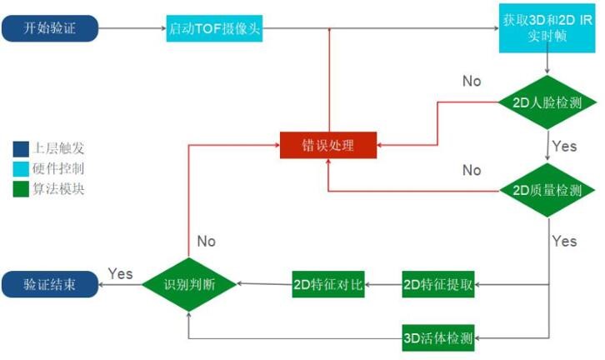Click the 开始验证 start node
coord(50,28)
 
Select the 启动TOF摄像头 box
coord(214,28)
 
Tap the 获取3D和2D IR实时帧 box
coord(547,28)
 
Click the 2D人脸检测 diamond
coord(547,102)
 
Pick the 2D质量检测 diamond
coord(547,190)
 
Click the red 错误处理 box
coord(328,145)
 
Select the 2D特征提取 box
coord(438,284)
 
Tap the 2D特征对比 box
coord(328,284)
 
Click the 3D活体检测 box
coord(438,338)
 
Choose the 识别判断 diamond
coord(189,284)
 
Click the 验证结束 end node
coord(50,284)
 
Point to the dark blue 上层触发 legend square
coord(21,149)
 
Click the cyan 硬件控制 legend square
coord(21,169)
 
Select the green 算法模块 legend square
coord(21,189)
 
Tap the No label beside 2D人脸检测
coord(472,81)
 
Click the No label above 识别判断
coord(207,241)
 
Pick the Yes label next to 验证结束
coord(120,273)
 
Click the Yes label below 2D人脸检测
coord(564,146)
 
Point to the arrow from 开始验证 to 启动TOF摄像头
coord(132,28)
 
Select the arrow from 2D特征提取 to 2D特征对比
coord(383,285)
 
